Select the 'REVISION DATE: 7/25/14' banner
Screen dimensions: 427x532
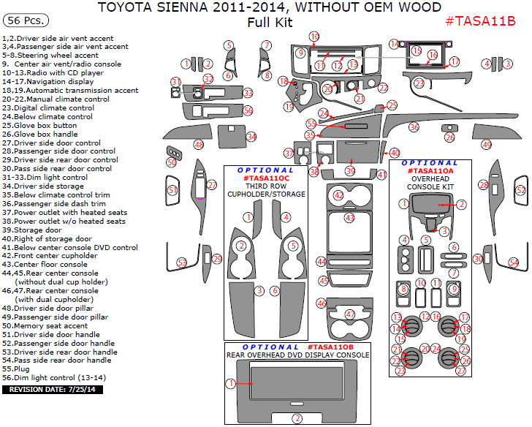pos(53,390)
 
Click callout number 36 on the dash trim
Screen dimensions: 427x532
pos(414,127)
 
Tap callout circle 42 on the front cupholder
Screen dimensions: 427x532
pos(338,196)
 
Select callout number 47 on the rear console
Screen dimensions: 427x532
pos(350,314)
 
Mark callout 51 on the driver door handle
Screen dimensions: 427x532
pos(173,190)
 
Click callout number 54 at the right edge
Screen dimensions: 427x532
pos(514,262)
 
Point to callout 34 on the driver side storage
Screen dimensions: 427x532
pos(251,137)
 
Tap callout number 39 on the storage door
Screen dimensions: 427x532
pos(350,171)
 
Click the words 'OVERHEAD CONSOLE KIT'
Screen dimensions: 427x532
pos(430,182)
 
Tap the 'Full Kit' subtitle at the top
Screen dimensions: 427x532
pos(269,22)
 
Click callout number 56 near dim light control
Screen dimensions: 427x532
pos(248,110)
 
